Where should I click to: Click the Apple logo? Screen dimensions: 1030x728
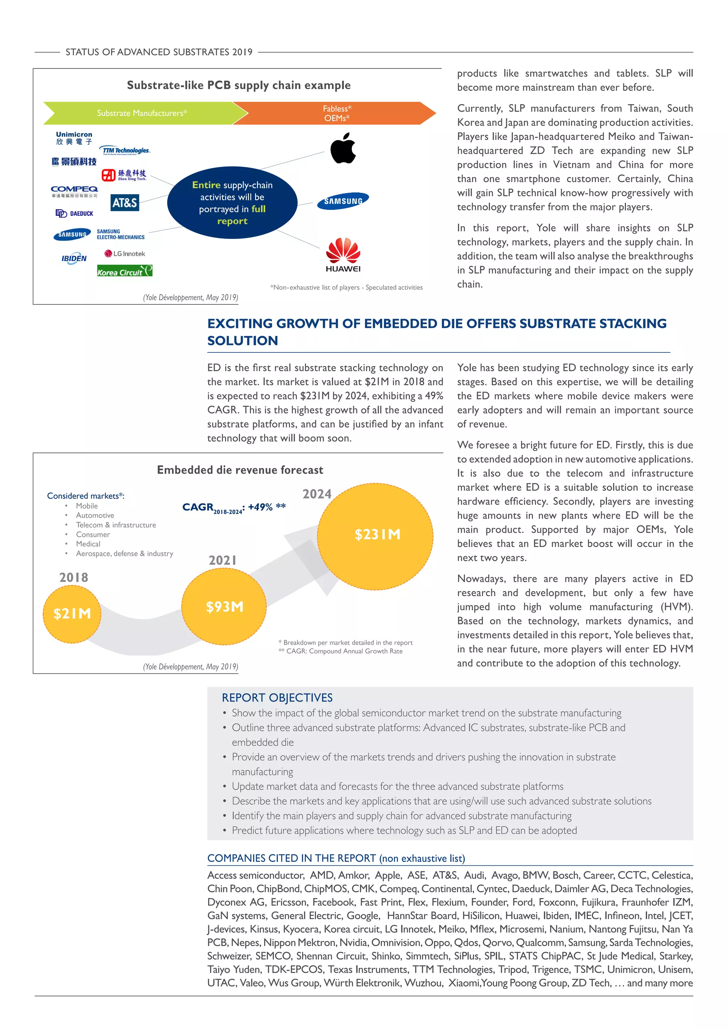pyautogui.click(x=343, y=148)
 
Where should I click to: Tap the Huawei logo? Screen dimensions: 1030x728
pyautogui.click(x=343, y=255)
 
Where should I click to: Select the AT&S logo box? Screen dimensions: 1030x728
pyautogui.click(x=125, y=203)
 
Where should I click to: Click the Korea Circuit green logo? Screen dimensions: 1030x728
pyautogui.click(x=125, y=271)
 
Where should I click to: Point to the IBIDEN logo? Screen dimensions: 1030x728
pyautogui.click(x=74, y=259)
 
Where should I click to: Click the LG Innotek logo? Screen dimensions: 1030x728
pyautogui.click(x=125, y=254)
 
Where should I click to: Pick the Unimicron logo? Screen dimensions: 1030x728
pyautogui.click(x=74, y=138)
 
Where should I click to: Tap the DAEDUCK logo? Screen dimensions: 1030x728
pyautogui.click(x=74, y=213)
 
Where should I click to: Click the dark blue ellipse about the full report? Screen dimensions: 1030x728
pyautogui.click(x=232, y=203)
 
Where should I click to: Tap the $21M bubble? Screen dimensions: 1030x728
pyautogui.click(x=72, y=614)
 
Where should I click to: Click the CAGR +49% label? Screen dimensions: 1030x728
pyautogui.click(x=234, y=508)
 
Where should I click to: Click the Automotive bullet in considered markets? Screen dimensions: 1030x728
pyautogui.click(x=95, y=515)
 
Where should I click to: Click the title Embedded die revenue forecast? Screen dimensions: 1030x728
pyautogui.click(x=240, y=470)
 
